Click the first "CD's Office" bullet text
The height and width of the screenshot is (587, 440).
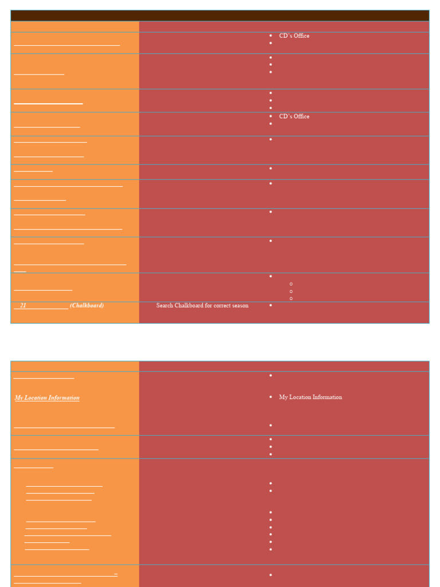coord(294,36)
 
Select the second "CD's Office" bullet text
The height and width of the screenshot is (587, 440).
coord(294,116)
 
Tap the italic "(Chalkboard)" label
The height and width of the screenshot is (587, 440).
coord(87,306)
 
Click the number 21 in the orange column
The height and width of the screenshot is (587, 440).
coord(23,306)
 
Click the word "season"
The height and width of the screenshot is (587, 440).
coord(239,306)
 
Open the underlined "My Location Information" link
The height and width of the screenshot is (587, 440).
coord(47,398)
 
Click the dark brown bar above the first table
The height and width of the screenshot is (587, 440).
coord(220,15)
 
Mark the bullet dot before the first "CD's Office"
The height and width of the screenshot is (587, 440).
coord(270,36)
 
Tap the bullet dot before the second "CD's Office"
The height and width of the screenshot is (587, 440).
coord(270,116)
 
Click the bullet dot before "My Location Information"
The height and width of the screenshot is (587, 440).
coord(270,397)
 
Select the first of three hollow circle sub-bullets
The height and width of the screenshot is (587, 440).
coord(291,284)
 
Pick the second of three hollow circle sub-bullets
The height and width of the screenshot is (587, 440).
coord(291,291)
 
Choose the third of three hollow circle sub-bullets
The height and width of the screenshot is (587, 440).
coord(291,299)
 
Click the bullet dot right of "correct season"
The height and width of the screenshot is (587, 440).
coord(270,306)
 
